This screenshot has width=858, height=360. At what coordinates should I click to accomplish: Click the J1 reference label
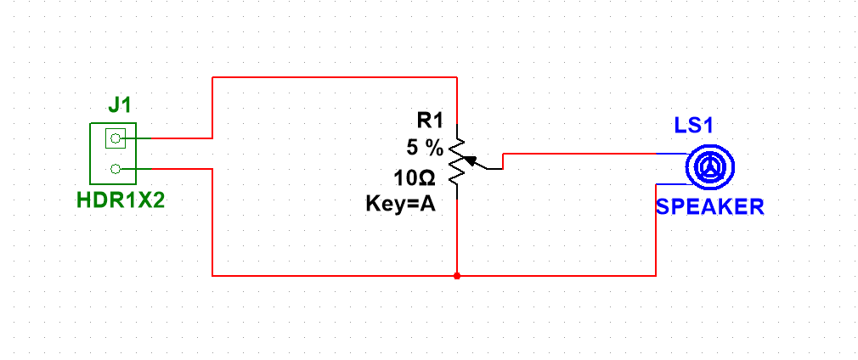pos(119,105)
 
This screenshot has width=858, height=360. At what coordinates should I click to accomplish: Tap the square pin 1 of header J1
pos(116,137)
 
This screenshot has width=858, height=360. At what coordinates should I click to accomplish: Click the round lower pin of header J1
pos(116,169)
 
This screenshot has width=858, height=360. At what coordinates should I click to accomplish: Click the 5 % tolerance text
pos(424,148)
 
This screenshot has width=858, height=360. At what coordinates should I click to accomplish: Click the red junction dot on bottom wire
pos(457,276)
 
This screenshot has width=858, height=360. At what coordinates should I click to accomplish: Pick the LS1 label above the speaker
pos(692,126)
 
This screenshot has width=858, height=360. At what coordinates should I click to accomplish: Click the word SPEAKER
pos(709,206)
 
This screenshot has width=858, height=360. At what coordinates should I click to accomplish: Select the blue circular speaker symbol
pos(707,168)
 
